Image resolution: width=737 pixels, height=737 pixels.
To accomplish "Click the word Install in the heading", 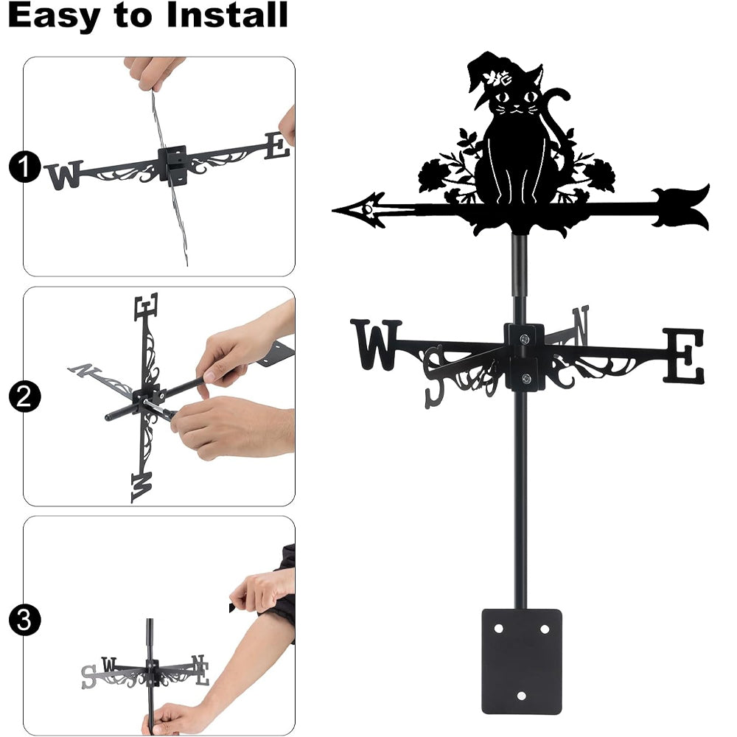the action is click(227, 15).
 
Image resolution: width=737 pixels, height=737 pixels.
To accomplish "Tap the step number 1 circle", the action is click(25, 167).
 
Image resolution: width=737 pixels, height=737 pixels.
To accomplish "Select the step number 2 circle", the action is click(25, 397).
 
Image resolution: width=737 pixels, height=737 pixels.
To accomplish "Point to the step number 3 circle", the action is click(25, 620).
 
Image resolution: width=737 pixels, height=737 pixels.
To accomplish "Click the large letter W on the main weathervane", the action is click(377, 344).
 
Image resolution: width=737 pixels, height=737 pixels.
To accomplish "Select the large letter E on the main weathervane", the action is click(684, 355).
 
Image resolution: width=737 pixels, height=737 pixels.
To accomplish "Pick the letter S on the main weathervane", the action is click(434, 376).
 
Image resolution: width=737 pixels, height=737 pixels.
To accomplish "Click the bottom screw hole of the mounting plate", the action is click(521, 696).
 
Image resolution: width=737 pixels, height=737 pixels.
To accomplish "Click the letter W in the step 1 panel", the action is click(64, 175).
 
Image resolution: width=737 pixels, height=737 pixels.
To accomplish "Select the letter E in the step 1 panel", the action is click(277, 146).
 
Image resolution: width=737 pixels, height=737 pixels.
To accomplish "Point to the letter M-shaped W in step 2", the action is click(142, 487).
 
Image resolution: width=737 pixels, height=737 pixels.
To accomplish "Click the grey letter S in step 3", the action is click(88, 677).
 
